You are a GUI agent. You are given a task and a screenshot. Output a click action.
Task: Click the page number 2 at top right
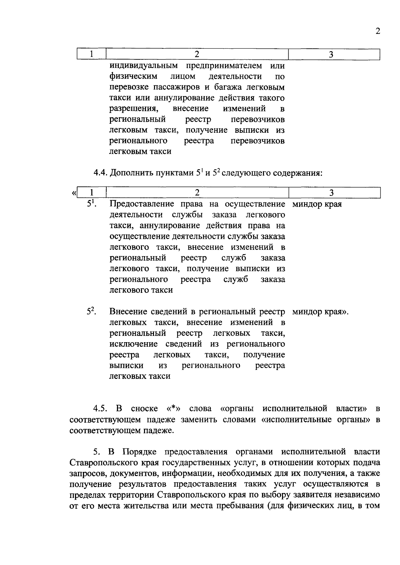tap(377, 31)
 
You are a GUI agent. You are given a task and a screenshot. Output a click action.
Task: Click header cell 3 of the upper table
tap(331, 54)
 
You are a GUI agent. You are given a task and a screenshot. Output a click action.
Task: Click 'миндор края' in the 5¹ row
tap(317, 204)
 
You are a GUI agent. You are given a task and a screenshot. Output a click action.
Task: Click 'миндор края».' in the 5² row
tap(320, 312)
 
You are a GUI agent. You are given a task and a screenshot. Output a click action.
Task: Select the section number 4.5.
tap(100, 409)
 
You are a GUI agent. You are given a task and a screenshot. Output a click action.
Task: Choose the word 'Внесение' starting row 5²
tap(128, 312)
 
